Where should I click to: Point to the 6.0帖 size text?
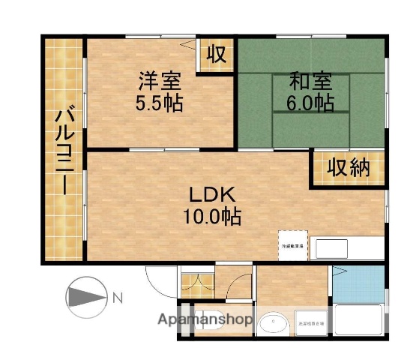(310, 103)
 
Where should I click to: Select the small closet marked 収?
(216, 55)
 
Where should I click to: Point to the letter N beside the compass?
(118, 298)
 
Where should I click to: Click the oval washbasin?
(274, 325)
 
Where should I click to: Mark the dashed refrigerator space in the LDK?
(293, 245)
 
